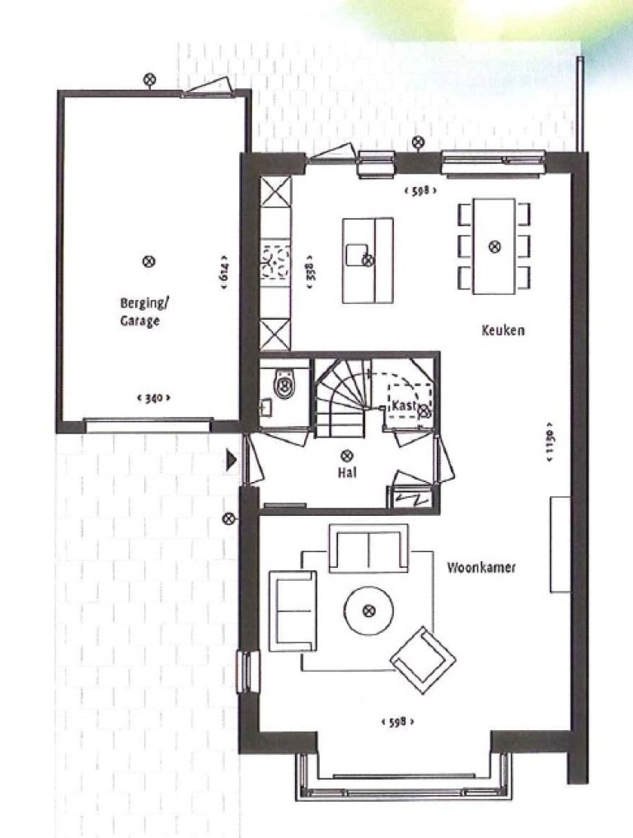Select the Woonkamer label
481,568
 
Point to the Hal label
346,474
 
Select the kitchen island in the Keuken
368,260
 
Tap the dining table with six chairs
494,246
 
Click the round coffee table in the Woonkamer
368,611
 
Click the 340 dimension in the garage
152,398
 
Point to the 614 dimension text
223,272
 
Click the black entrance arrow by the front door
232,460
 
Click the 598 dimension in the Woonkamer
397,722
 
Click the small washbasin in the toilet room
265,405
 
